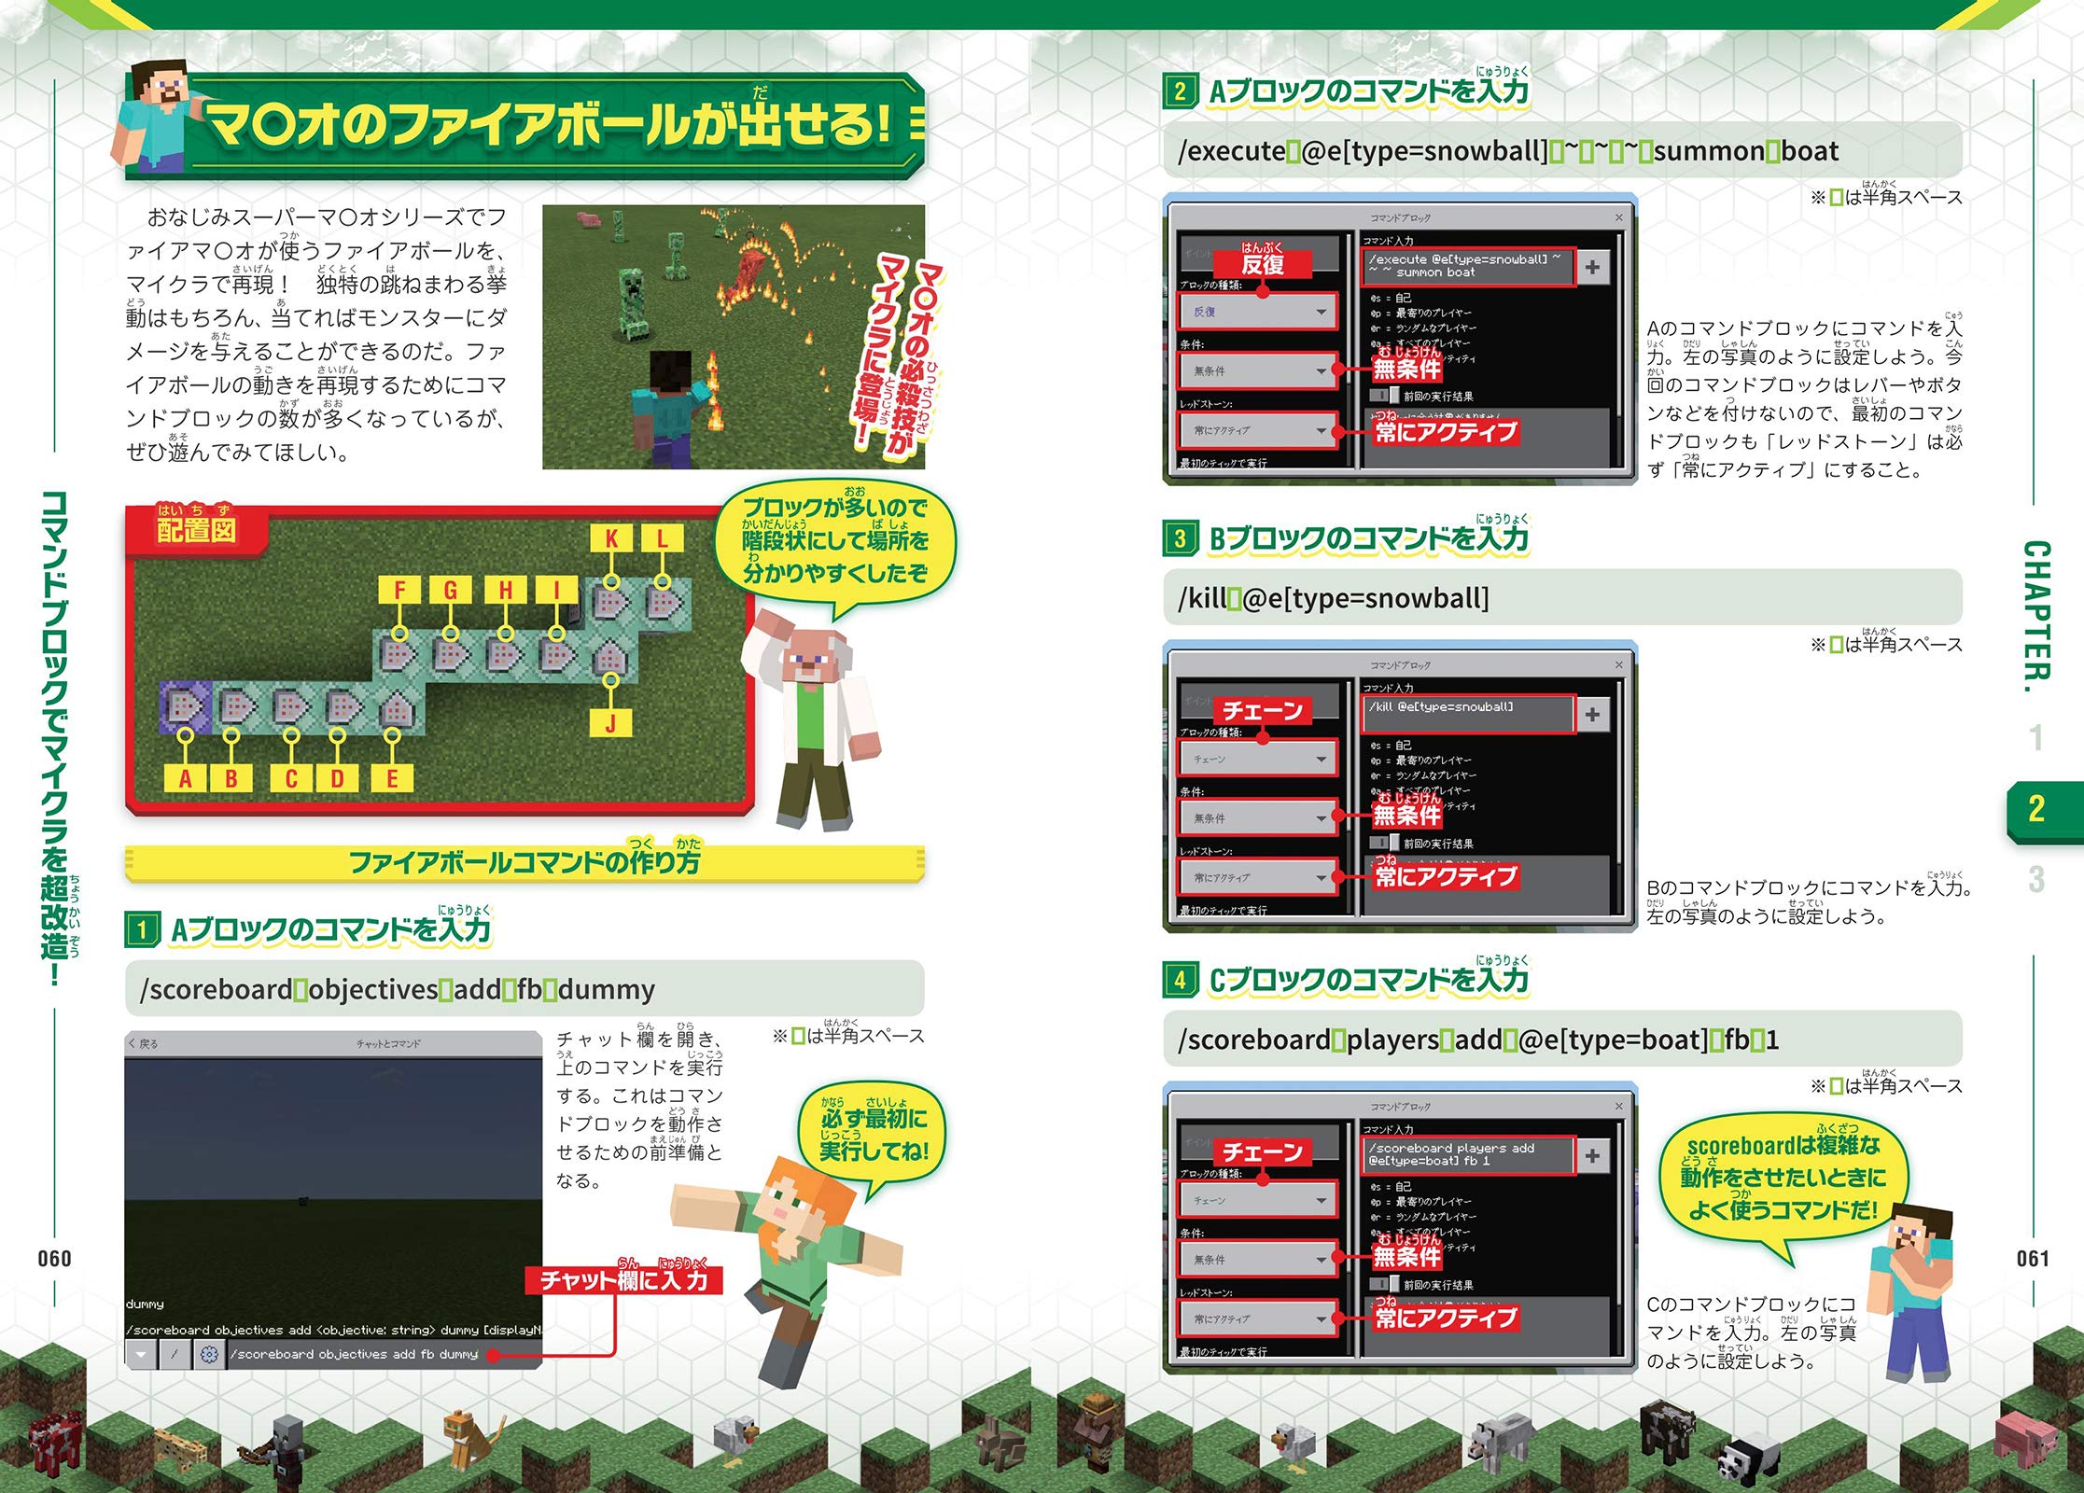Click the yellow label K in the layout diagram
pos(611,538)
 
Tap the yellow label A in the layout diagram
pos(185,778)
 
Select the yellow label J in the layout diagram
pos(610,723)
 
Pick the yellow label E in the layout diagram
pos(392,778)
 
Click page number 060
pos(54,1259)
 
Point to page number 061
pos(2032,1259)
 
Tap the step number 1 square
pos(142,929)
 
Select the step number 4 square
pos(1180,980)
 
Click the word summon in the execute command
pos(1713,151)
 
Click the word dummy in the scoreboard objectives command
pos(607,989)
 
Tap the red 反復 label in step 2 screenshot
pos(1263,264)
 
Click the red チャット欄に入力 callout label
pos(623,1280)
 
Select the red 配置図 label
pos(196,530)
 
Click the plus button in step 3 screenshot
pos(1592,715)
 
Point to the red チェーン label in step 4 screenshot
pos(1263,1152)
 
